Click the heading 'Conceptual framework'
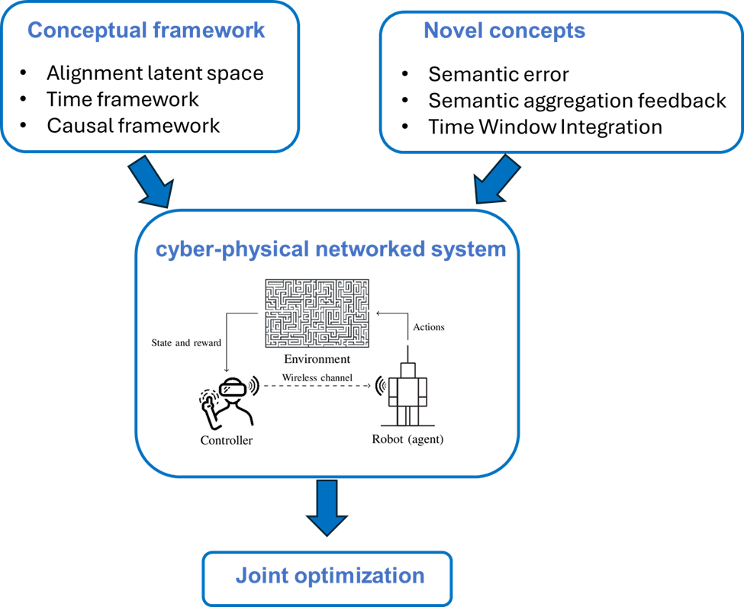tap(147, 31)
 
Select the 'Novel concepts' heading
tap(504, 31)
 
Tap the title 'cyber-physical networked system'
tap(330, 249)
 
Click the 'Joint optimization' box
tap(327, 576)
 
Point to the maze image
tap(317, 313)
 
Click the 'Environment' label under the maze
tap(317, 358)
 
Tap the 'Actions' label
tap(428, 327)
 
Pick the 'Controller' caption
tap(226, 440)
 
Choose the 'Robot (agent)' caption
tap(407, 439)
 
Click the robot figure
tap(407, 393)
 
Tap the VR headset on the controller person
tap(234, 388)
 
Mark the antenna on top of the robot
tap(407, 354)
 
